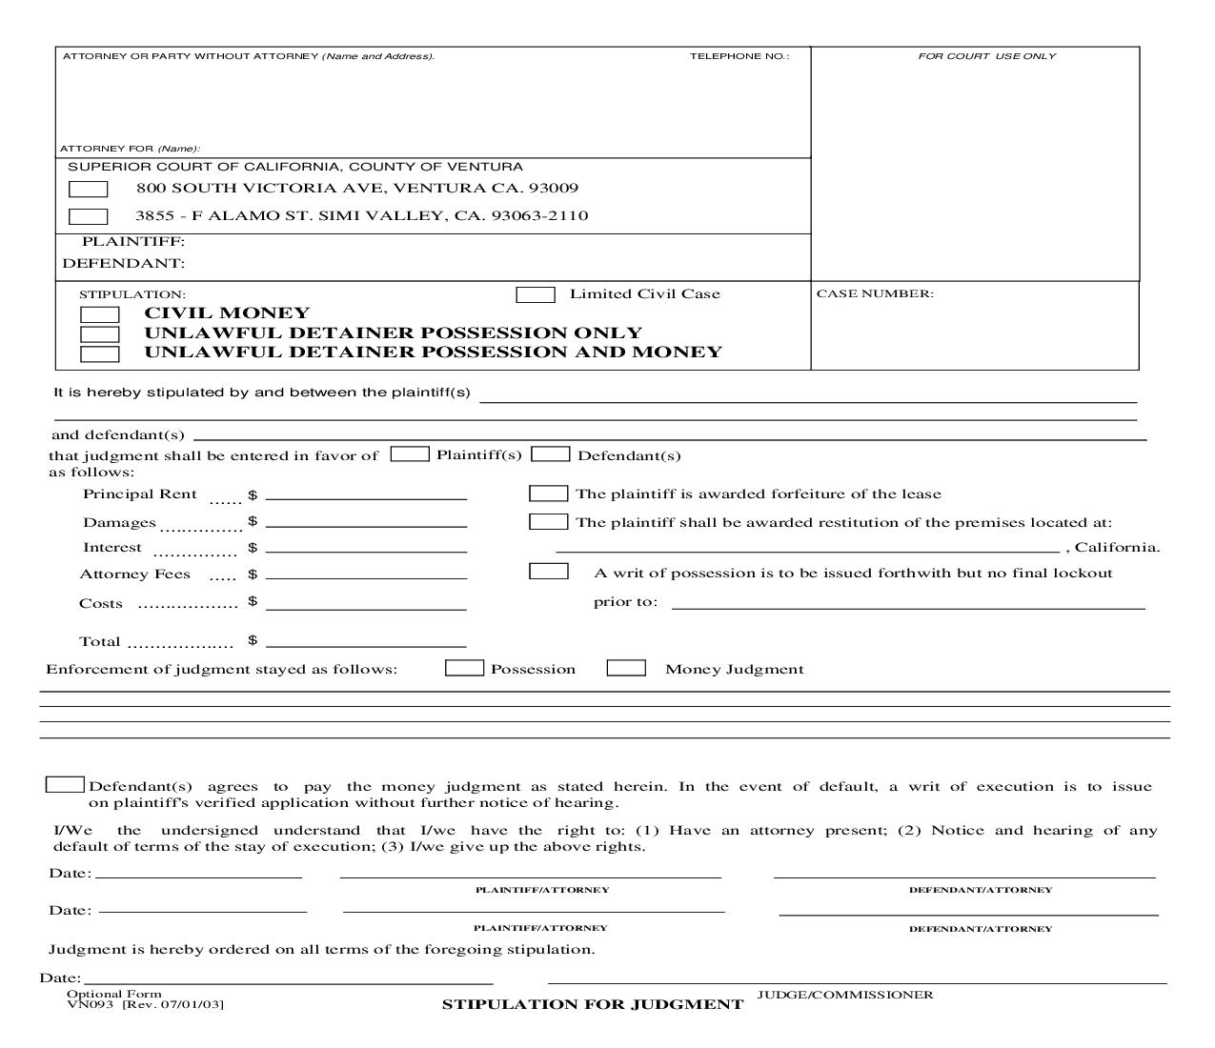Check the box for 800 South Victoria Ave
(88, 189)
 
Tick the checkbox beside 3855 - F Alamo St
(88, 216)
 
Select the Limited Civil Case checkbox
(536, 294)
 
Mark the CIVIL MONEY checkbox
(99, 314)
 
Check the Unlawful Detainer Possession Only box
(99, 334)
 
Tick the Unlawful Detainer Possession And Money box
(99, 354)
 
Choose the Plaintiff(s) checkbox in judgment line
(410, 454)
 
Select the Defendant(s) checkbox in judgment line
(550, 454)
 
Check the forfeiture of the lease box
(548, 494)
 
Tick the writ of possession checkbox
(548, 572)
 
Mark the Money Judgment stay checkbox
(626, 668)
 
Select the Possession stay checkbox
(464, 668)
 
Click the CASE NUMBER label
(875, 293)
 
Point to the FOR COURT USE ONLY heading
(986, 56)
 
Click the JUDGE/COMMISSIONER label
(844, 995)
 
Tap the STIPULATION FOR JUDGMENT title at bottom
(592, 1004)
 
